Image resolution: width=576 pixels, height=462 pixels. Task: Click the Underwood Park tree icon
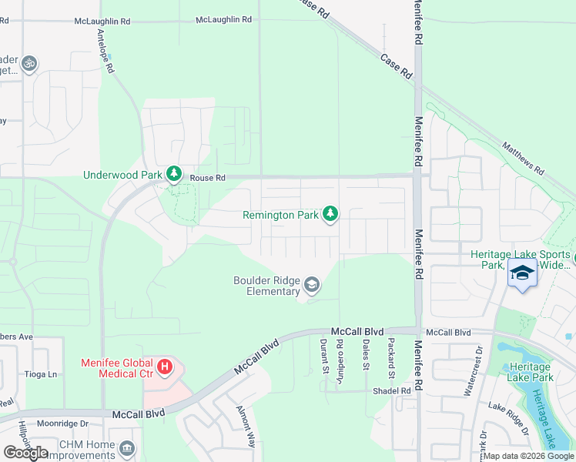point(174,175)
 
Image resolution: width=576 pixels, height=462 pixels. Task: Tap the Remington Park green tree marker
point(330,213)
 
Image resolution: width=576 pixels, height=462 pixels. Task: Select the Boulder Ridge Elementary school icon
point(312,286)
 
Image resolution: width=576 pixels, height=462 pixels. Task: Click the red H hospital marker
point(164,368)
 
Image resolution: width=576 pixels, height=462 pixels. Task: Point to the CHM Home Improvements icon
point(127,447)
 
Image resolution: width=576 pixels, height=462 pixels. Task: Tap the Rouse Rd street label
point(207,178)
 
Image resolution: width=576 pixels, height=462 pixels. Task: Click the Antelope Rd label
point(105,52)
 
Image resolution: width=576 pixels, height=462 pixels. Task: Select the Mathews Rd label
point(523,157)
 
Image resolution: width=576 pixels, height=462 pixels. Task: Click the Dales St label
point(366,355)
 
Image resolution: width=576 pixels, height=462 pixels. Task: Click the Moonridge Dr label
point(63,423)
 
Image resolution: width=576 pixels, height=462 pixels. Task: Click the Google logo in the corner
point(25,453)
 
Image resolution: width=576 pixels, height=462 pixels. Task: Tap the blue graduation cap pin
point(522,275)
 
